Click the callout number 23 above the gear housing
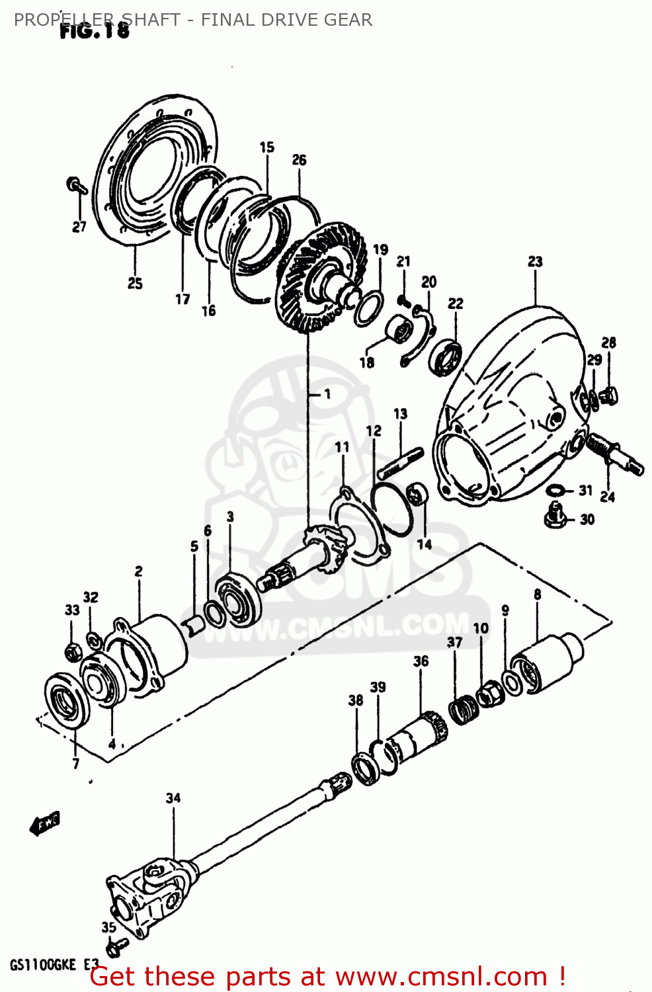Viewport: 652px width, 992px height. [x=535, y=261]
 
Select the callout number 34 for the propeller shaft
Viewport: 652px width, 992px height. [x=173, y=798]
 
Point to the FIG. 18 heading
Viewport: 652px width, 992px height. [x=95, y=31]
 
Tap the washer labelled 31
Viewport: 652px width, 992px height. [x=555, y=491]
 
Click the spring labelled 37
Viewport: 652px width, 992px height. [x=463, y=710]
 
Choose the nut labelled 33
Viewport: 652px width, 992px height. [x=73, y=652]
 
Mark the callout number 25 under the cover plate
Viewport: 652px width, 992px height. [x=135, y=283]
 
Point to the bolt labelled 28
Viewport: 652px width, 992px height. [x=609, y=395]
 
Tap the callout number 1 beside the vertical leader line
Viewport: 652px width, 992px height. [x=327, y=394]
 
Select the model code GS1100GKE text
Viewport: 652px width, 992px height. [x=43, y=965]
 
